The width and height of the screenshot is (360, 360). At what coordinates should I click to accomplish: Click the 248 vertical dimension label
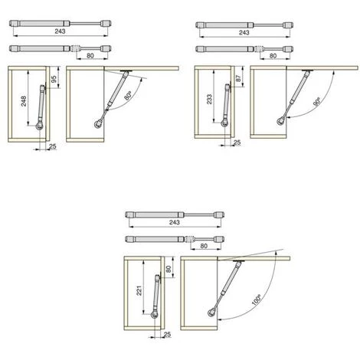coord(24,101)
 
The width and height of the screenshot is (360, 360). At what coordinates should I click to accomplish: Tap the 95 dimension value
coord(54,79)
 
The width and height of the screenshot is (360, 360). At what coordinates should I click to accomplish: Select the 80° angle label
coord(128,96)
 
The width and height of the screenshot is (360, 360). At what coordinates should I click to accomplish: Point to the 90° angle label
coord(316,102)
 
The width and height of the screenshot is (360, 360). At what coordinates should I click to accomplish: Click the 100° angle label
coord(256,299)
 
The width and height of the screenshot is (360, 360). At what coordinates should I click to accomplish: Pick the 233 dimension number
coord(209,99)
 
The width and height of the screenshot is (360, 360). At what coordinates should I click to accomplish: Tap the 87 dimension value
coord(238,78)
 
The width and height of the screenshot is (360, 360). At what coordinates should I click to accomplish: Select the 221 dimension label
coord(139,290)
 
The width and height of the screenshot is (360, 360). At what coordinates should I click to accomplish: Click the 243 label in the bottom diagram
coord(175,222)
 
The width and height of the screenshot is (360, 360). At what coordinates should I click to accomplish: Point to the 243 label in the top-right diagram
coord(244,33)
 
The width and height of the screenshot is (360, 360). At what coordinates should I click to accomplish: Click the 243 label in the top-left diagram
coord(60,31)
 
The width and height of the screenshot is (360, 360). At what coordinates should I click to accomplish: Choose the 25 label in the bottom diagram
coord(167,335)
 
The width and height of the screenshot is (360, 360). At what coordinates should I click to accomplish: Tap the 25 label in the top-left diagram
coord(53,146)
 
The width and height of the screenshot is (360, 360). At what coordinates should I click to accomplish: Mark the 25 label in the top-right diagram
coord(237,142)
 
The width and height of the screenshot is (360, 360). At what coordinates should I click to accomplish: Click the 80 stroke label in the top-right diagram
coord(273,56)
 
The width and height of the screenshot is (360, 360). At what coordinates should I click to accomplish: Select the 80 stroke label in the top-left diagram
coord(90,55)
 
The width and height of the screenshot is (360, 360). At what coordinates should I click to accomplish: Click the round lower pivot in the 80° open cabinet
coord(97,125)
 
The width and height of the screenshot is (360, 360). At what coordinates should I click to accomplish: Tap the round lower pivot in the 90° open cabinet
coord(280,121)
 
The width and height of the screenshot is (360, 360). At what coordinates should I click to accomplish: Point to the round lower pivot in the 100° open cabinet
coord(211,313)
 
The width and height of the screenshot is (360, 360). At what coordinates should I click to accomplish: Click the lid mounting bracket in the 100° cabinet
coord(239,261)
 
